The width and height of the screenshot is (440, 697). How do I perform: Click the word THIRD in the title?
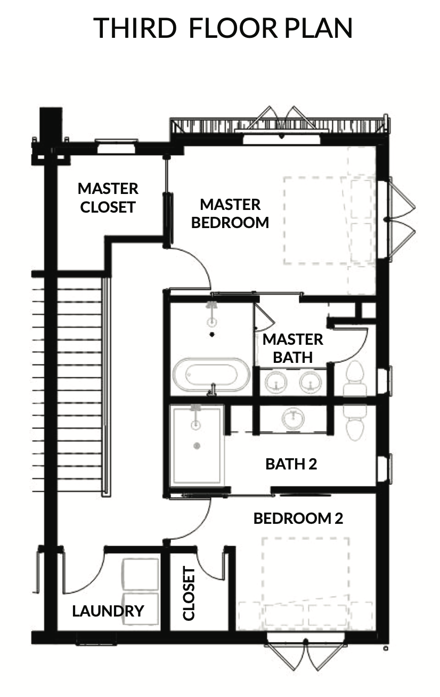point(135,28)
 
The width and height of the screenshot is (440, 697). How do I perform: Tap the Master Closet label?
point(108,198)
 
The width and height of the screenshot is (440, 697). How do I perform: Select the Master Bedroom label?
point(230,214)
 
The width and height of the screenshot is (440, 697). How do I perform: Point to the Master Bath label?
point(293,348)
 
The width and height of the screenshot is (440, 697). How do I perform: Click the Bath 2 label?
point(291,464)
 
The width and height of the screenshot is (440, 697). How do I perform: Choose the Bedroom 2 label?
point(298,518)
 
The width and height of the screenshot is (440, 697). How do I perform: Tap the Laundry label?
point(108,611)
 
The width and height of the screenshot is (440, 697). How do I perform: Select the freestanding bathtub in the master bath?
point(211,375)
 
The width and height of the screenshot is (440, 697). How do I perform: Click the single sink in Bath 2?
point(293,418)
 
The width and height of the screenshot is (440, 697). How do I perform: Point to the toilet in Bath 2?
point(355,422)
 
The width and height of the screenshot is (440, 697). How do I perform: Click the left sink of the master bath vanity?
point(276,382)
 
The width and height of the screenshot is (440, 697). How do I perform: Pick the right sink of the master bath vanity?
point(311,382)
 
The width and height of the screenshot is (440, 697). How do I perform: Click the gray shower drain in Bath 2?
point(197,446)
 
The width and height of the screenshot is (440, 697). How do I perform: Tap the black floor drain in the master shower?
point(213,335)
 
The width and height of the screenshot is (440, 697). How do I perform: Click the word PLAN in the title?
point(319,28)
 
